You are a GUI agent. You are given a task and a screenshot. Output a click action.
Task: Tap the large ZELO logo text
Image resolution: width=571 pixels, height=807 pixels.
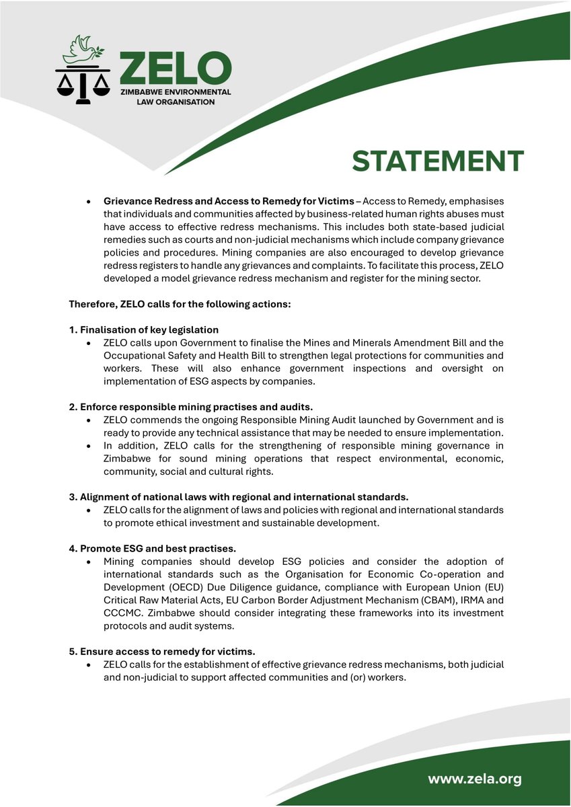pos(174,69)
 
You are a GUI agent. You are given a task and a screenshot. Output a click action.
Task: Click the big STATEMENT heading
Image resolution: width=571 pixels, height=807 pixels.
pos(438,161)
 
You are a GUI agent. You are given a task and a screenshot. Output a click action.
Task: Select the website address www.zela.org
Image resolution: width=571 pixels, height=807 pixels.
pos(475,779)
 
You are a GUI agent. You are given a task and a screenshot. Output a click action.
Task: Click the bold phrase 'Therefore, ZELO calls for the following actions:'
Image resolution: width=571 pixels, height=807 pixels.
pos(180,304)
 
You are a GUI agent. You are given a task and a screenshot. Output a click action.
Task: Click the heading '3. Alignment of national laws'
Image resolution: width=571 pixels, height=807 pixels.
pos(239,497)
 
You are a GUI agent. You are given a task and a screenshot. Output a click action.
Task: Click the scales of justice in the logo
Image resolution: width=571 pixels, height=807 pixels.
pos(82,84)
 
